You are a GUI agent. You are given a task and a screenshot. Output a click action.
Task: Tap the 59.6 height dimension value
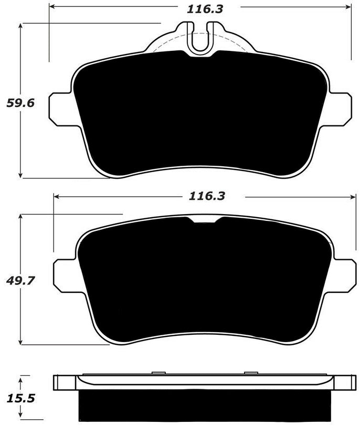tap(20, 103)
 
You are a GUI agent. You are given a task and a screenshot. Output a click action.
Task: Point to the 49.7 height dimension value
tap(20, 280)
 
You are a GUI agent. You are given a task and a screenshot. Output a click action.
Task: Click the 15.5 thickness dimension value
tap(20, 398)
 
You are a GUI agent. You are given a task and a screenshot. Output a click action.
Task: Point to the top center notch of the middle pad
tap(205, 220)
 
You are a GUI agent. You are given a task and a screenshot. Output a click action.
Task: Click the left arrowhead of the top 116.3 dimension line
tap(51, 8)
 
